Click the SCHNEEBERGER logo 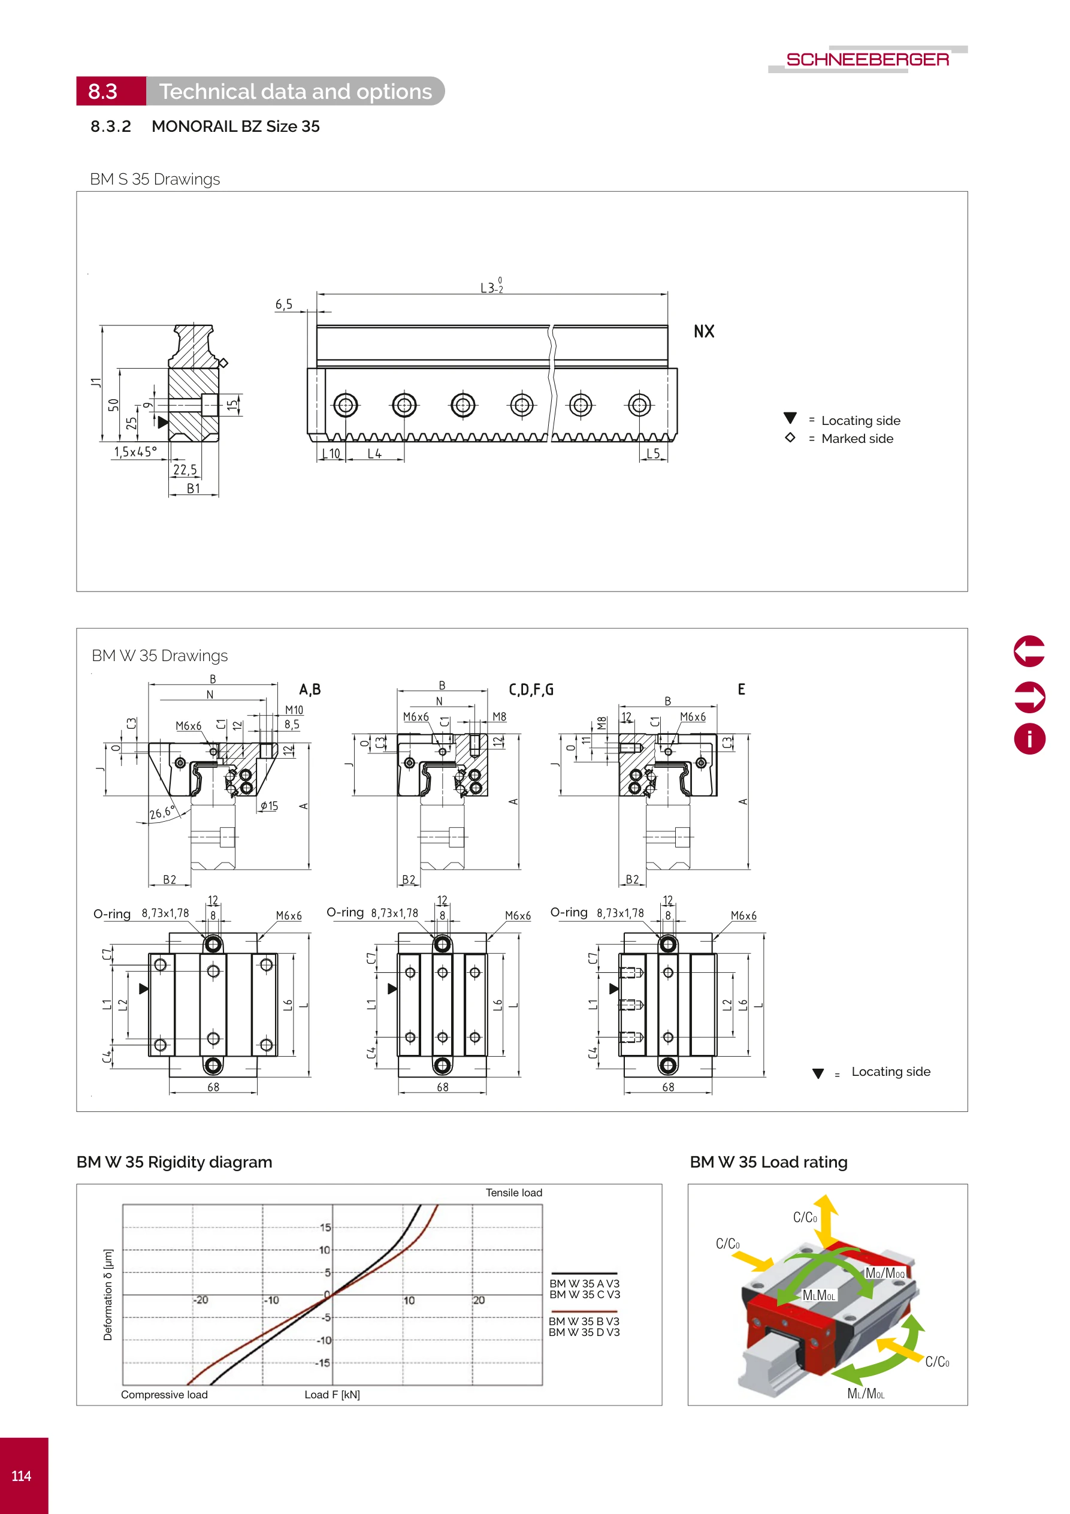[x=867, y=59]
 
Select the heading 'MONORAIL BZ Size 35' [x=235, y=126]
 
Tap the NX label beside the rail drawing [x=703, y=331]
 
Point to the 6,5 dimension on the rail [x=283, y=304]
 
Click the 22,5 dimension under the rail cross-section [x=185, y=469]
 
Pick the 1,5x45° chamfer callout [x=135, y=452]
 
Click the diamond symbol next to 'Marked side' [x=790, y=438]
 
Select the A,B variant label [x=310, y=690]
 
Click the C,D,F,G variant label [x=531, y=690]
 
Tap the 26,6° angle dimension [x=162, y=813]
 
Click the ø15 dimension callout [x=269, y=806]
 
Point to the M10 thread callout [x=294, y=710]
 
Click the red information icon [x=1029, y=738]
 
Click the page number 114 [x=21, y=1476]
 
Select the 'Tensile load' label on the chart [x=513, y=1193]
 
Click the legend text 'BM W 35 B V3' [x=584, y=1322]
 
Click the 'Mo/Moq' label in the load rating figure [x=885, y=1273]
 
